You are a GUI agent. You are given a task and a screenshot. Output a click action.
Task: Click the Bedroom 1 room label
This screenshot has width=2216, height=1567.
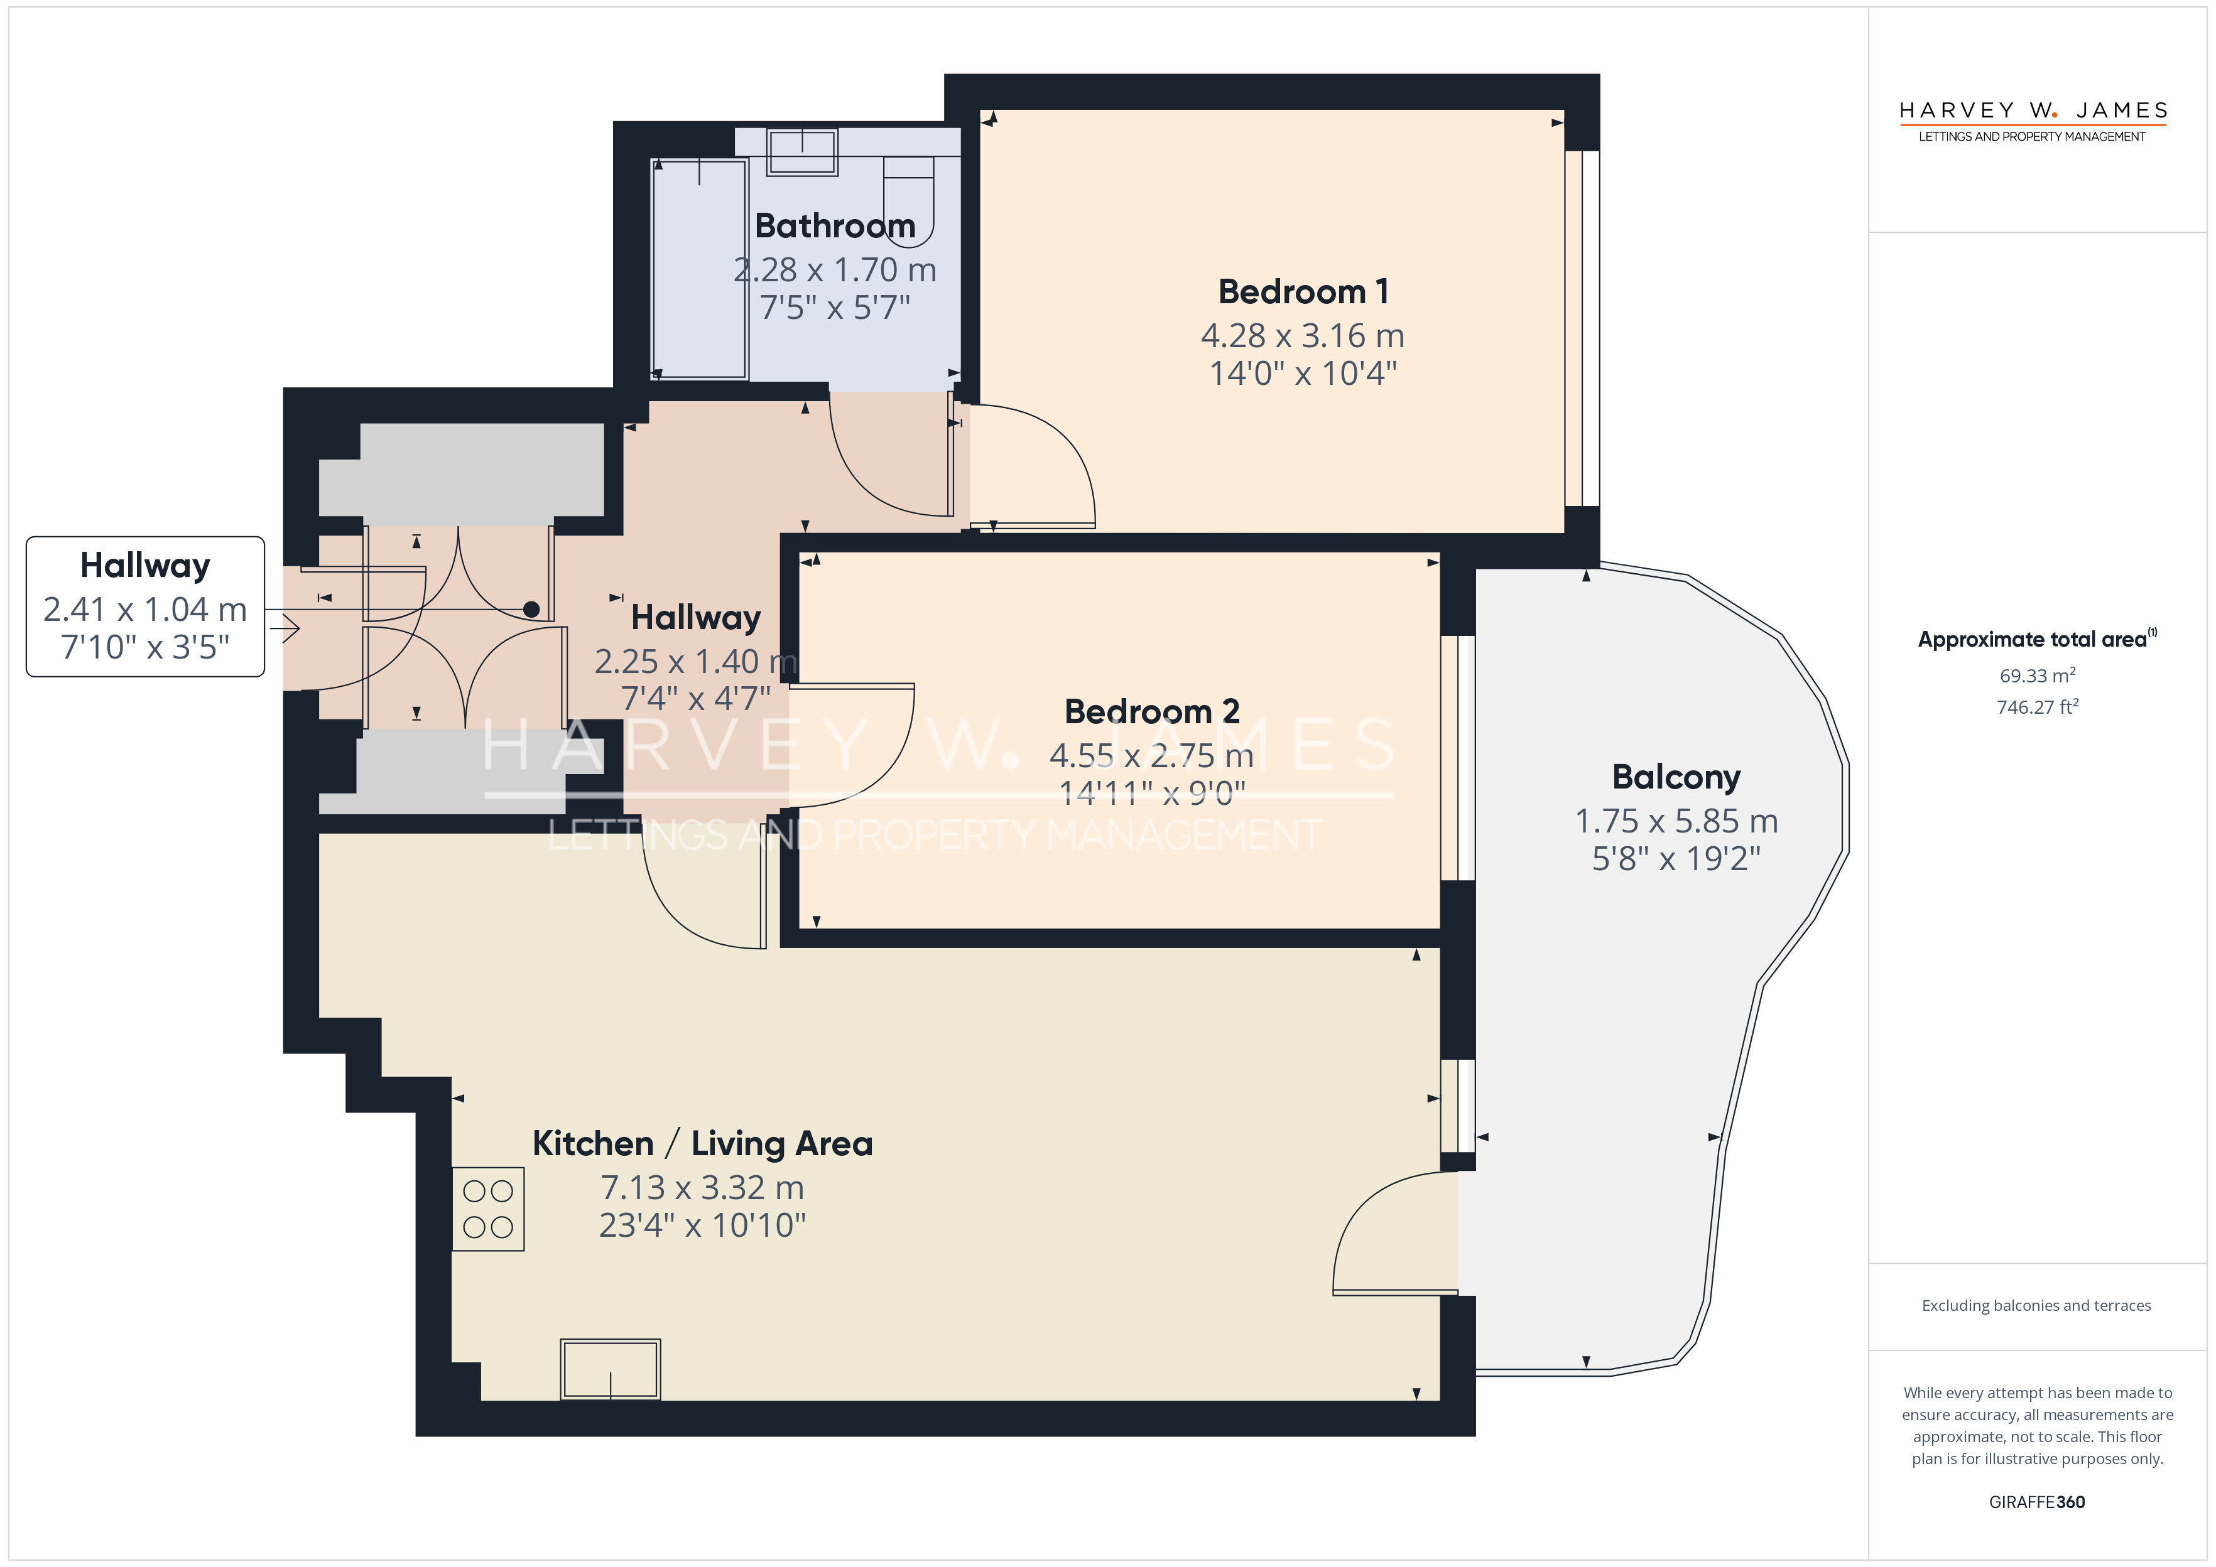1303,291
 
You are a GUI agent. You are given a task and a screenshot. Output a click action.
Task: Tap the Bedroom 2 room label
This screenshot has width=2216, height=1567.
1151,711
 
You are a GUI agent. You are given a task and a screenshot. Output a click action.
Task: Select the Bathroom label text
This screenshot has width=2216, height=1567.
835,226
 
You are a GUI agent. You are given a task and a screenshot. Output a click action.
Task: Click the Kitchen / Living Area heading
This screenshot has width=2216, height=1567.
703,1143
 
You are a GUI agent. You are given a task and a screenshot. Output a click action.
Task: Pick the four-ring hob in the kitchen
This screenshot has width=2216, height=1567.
489,1209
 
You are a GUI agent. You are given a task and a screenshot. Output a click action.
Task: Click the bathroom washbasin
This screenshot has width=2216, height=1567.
802,151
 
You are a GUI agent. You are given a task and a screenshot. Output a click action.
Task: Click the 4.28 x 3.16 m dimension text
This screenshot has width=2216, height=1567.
1303,336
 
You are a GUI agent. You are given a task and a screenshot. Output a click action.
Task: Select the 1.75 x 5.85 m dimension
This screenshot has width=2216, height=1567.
1676,821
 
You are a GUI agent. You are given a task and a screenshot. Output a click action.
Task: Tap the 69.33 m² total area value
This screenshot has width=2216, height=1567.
2038,676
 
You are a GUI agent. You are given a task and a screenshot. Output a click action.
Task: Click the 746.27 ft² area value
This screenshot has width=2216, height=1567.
2038,708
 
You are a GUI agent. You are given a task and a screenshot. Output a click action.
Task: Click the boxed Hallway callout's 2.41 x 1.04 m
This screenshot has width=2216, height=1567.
146,610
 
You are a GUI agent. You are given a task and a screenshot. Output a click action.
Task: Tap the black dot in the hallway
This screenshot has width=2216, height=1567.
531,609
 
